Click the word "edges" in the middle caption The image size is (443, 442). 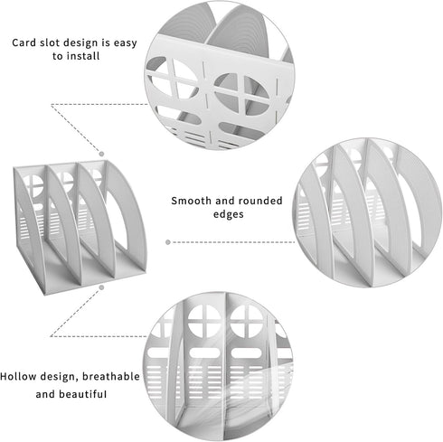pos(229,215)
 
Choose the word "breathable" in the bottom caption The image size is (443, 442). pos(111,376)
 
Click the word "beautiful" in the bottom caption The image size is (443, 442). pos(83,394)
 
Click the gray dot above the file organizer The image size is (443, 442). pos(102,154)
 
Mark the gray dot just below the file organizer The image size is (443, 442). pos(102,287)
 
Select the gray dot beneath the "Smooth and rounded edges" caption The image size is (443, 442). pos(168,242)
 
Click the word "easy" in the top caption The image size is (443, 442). pos(126,43)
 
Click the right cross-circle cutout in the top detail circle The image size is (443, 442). pos(242,94)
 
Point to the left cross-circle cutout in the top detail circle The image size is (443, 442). pos(173,78)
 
